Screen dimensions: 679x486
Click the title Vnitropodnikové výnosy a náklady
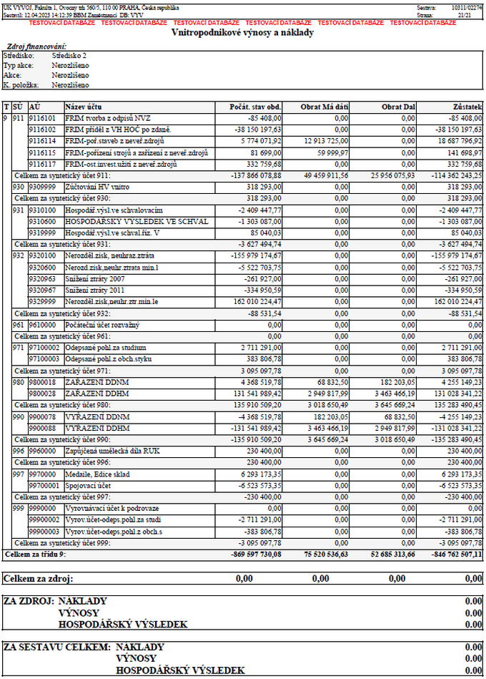point(242,32)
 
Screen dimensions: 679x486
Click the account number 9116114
point(42,142)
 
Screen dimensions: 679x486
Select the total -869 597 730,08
point(252,555)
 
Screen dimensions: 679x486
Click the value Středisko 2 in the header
point(69,54)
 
